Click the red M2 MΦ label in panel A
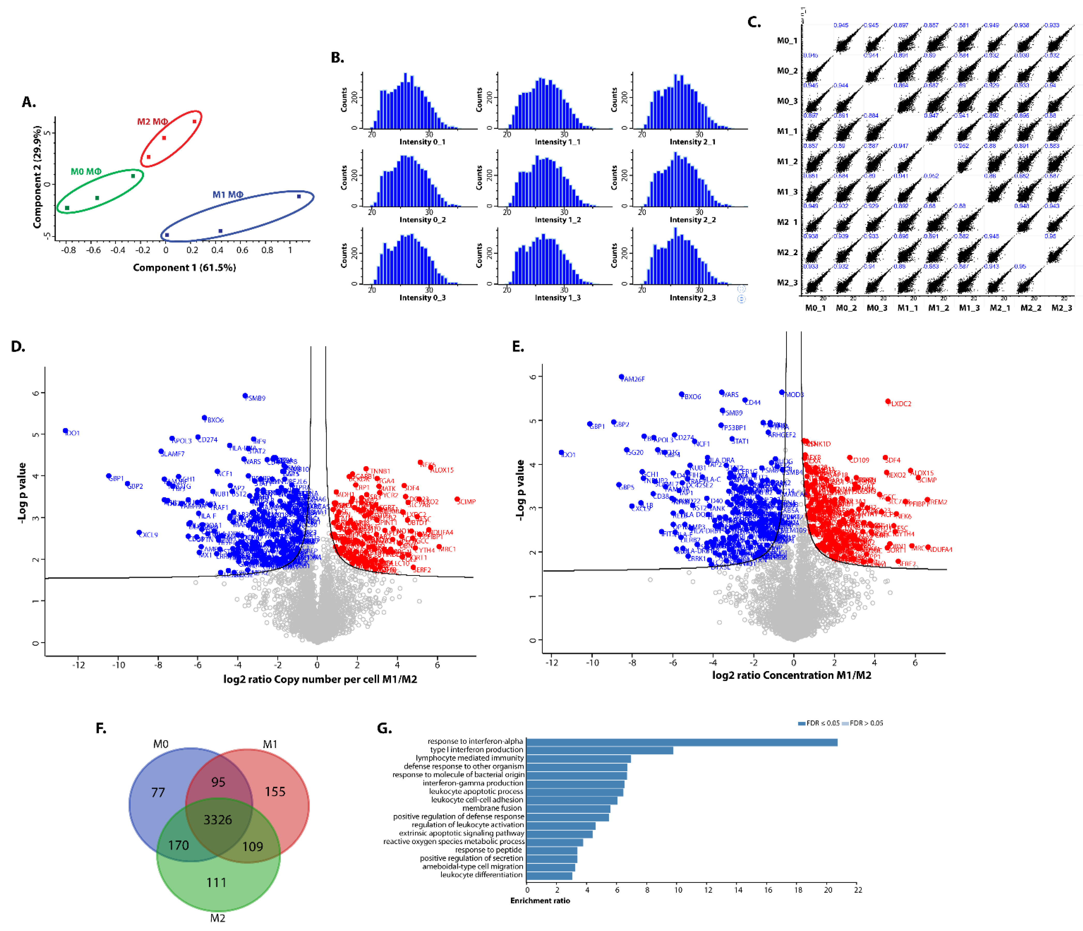[152, 122]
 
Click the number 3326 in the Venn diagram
[218, 820]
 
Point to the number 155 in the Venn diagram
[275, 791]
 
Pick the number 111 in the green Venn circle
[216, 882]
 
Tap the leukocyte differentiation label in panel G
[481, 875]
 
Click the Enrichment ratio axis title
[540, 900]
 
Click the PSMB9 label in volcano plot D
[256, 398]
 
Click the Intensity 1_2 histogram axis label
[557, 220]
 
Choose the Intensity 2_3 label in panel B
[692, 298]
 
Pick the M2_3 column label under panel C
[1062, 308]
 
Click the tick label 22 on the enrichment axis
[858, 890]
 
